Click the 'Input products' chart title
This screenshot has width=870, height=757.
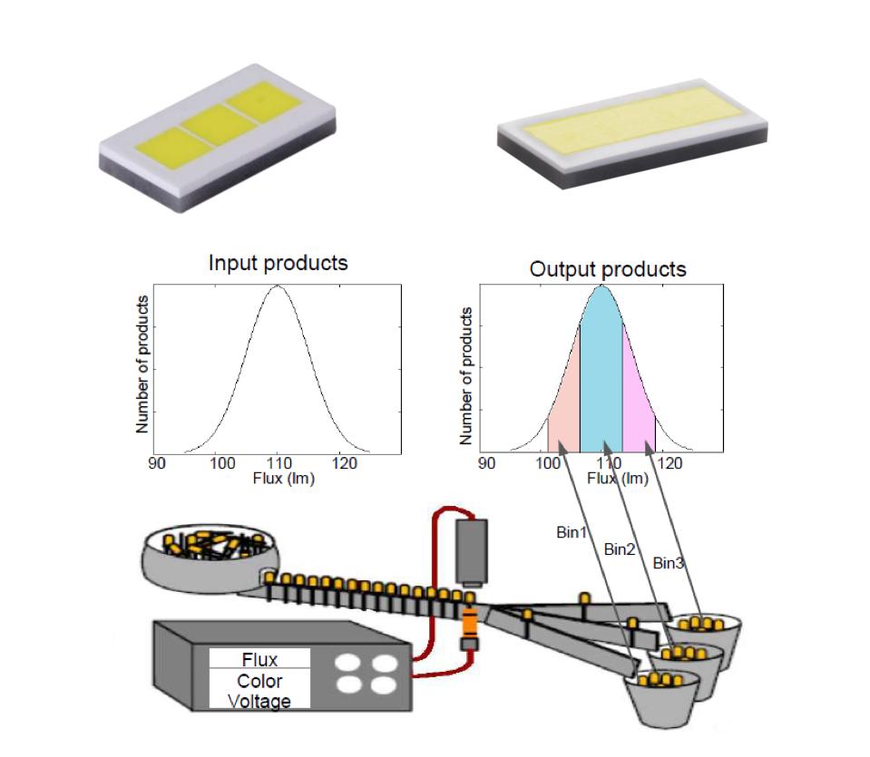click(278, 264)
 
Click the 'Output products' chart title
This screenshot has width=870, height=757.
click(607, 269)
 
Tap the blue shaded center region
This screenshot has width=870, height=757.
click(600, 381)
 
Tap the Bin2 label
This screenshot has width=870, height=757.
click(620, 548)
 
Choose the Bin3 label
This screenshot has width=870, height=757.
click(668, 564)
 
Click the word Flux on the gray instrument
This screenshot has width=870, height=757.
click(259, 659)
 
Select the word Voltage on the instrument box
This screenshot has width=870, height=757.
click(259, 701)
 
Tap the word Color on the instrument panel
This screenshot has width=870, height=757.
click(259, 681)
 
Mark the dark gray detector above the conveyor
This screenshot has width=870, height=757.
click(473, 550)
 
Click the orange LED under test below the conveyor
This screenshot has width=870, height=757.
click(469, 622)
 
